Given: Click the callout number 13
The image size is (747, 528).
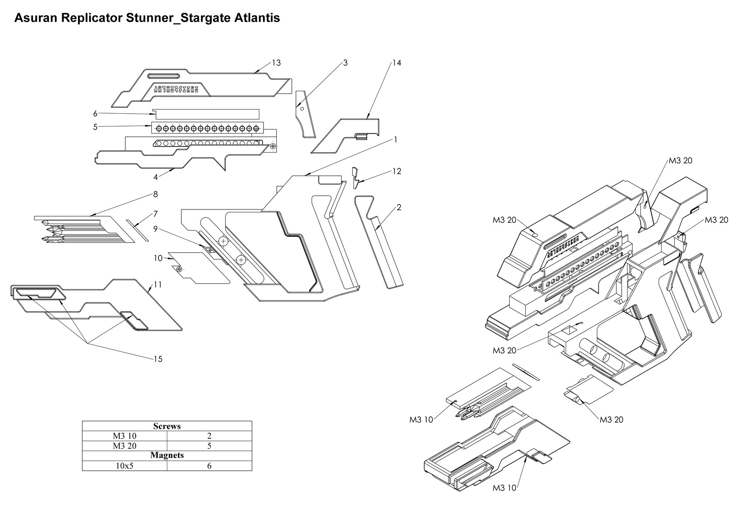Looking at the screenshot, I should pyautogui.click(x=276, y=63).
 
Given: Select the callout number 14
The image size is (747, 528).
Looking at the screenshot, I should pyautogui.click(x=397, y=63).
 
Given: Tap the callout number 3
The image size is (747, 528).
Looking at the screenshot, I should pyautogui.click(x=345, y=63).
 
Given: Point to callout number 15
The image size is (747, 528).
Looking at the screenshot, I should pyautogui.click(x=158, y=359).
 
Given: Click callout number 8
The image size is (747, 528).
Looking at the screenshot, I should pyautogui.click(x=155, y=194).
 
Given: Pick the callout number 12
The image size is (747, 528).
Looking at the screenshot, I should pyautogui.click(x=397, y=171).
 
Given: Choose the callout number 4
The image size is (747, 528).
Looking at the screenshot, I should pyautogui.click(x=156, y=177).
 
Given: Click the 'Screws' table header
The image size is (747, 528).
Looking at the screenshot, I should pyautogui.click(x=167, y=426).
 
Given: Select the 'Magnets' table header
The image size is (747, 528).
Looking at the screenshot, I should pyautogui.click(x=167, y=455).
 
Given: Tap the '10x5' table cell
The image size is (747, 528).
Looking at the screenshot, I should pyautogui.click(x=124, y=465).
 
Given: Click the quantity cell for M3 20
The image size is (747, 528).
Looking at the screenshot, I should pyautogui.click(x=209, y=446).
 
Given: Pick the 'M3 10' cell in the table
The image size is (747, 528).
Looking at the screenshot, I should pyautogui.click(x=124, y=436).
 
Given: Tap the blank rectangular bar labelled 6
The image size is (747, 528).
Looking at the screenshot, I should pyautogui.click(x=206, y=114).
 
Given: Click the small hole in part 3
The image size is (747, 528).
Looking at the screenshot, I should pyautogui.click(x=302, y=109).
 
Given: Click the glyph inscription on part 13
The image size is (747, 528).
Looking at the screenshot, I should pyautogui.click(x=176, y=89).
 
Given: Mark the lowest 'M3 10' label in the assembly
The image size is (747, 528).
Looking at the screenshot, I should pyautogui.click(x=504, y=488).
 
